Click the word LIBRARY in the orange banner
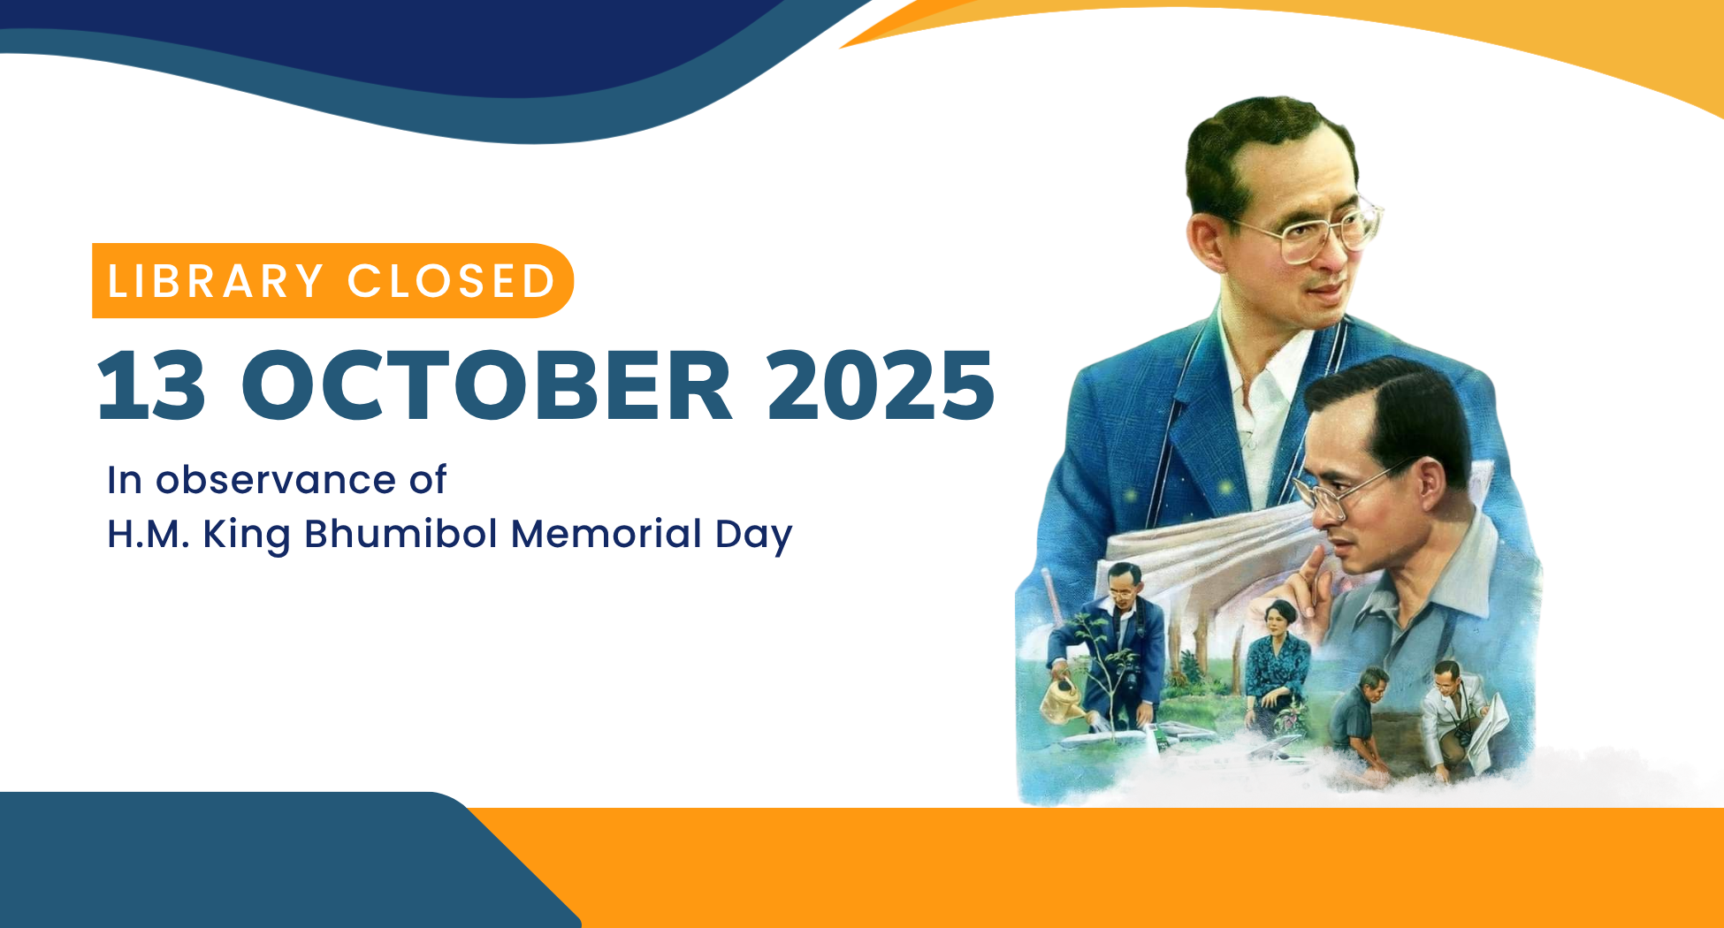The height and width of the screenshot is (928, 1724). coord(215,282)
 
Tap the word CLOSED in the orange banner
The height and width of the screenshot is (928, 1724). coord(451,282)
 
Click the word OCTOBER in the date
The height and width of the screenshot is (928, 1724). coord(486,385)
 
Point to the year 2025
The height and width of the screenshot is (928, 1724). coord(881,385)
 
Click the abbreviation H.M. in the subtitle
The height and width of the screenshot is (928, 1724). coord(149,535)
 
